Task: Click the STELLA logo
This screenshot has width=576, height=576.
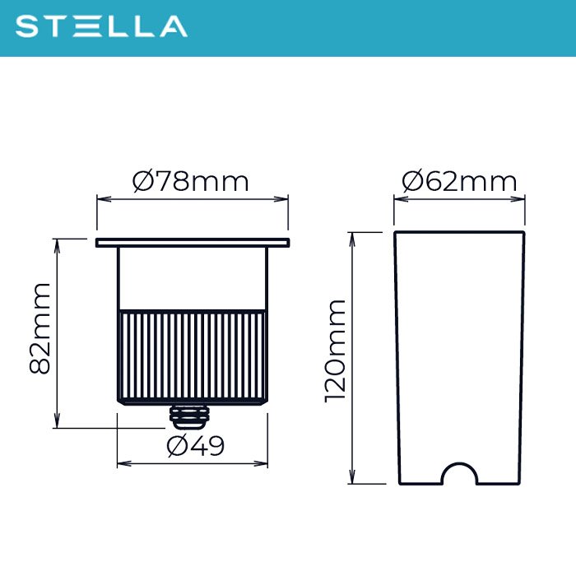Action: pos(101,26)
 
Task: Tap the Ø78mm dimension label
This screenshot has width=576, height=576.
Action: pos(190,182)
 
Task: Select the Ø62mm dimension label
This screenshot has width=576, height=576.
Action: pos(459,182)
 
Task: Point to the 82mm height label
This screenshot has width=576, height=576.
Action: pos(39,329)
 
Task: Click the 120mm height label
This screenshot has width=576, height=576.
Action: pos(335,351)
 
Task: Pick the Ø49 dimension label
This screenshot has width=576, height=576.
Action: pos(195,446)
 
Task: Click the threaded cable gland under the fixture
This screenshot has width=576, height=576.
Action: pos(189,417)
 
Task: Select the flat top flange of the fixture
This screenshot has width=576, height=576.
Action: pos(193,243)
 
